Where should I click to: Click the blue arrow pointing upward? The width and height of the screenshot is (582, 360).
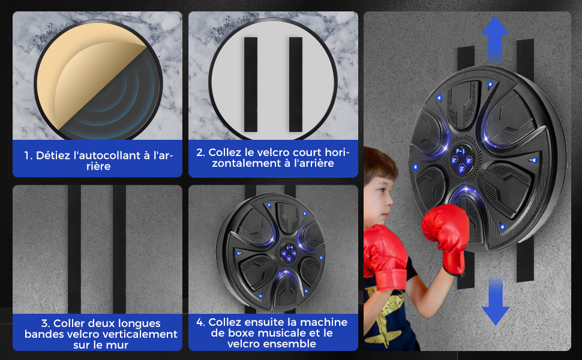(x=495, y=38)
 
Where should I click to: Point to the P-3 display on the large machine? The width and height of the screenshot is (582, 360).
(x=460, y=151)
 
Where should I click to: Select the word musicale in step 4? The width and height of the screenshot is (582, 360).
(x=285, y=333)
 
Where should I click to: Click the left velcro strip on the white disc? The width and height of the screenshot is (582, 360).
(x=251, y=84)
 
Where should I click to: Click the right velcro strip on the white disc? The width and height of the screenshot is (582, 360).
(x=296, y=84)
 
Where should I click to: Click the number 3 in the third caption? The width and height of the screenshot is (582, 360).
(x=44, y=323)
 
